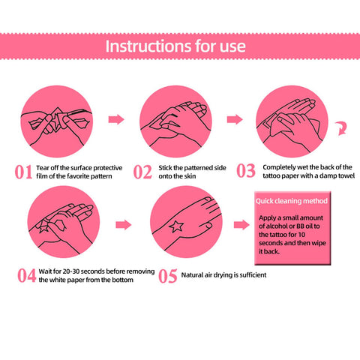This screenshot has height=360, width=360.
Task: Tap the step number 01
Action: point(23,172)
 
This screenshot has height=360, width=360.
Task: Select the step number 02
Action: point(142,172)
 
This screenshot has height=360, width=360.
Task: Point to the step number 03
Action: point(246,171)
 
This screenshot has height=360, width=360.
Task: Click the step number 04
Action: point(26,276)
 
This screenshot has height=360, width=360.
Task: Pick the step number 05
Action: point(168,276)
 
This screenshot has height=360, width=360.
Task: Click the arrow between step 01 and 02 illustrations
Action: point(116,119)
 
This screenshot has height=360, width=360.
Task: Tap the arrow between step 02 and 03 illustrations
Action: point(235,119)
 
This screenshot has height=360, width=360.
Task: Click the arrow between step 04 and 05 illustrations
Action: point(124,225)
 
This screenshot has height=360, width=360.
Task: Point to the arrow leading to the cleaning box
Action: point(241,225)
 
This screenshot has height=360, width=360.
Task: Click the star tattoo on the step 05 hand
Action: point(176,226)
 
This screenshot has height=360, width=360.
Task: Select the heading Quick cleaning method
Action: point(292,201)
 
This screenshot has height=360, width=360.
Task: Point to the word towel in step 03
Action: point(346,175)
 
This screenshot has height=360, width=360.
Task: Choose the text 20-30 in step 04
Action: point(70,271)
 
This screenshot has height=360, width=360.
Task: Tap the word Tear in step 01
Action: point(42,168)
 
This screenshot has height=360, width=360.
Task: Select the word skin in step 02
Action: point(190,176)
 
